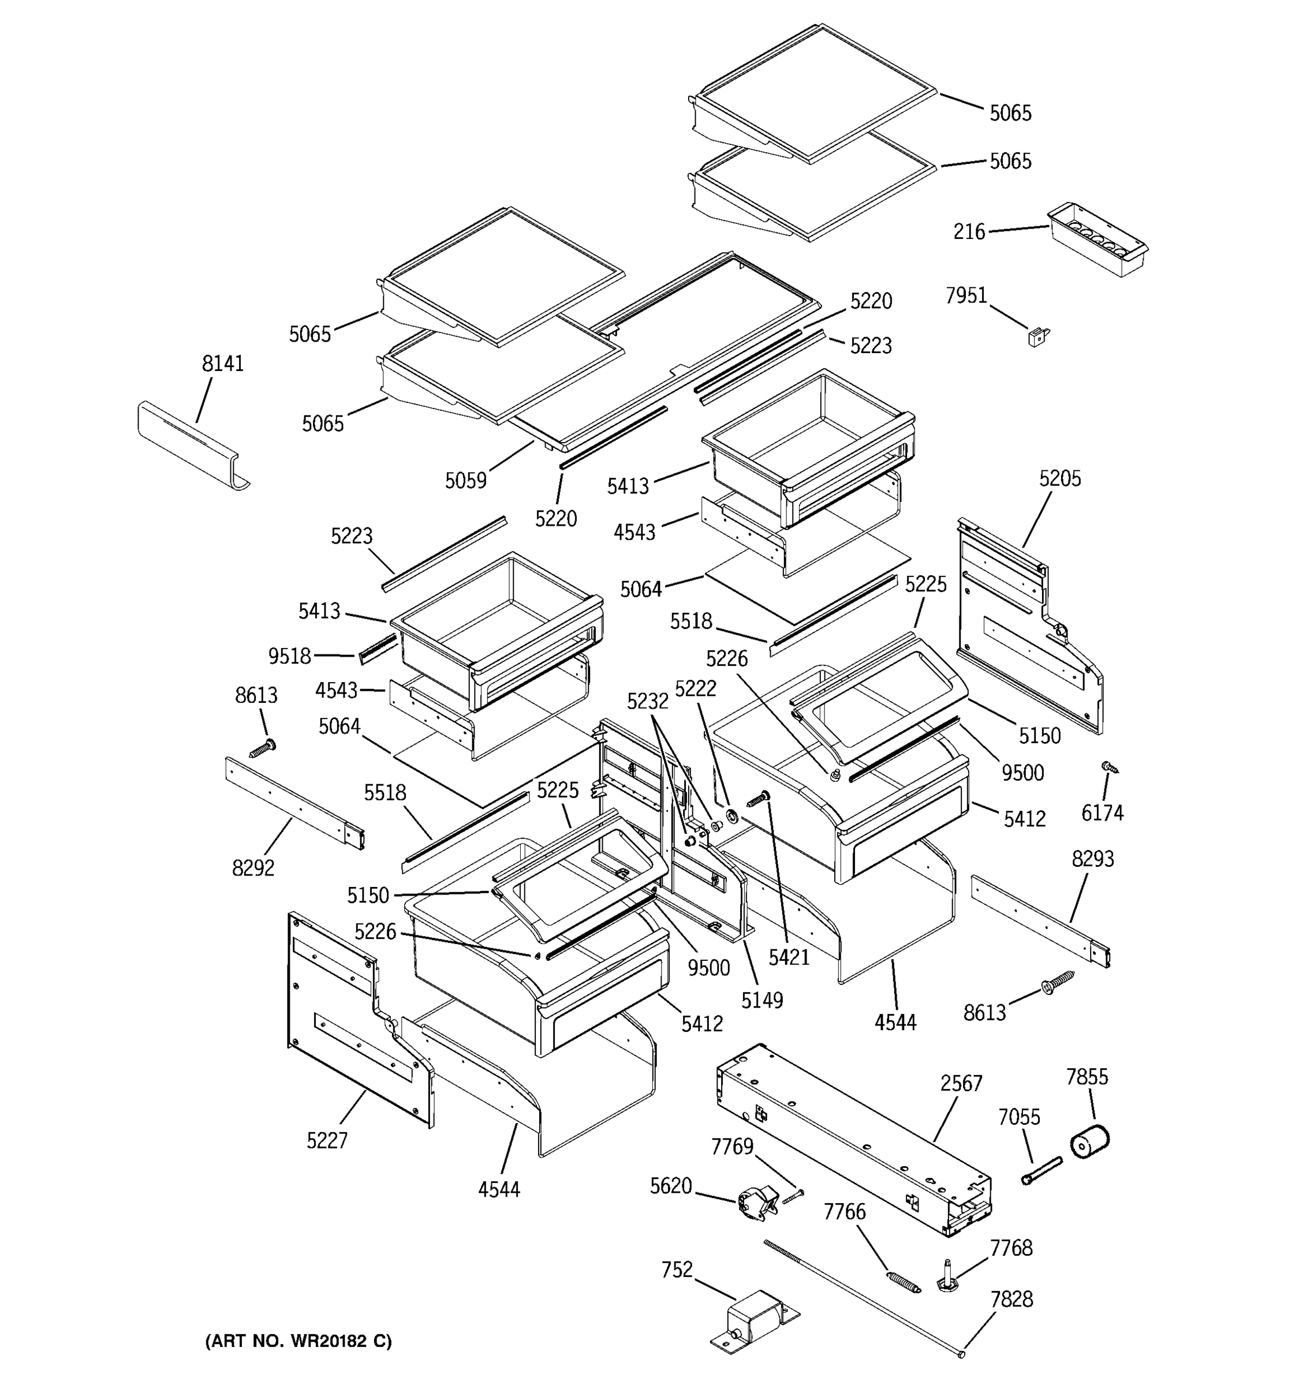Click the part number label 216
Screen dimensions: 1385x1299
pyautogui.click(x=969, y=231)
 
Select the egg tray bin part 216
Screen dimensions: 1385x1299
pyautogui.click(x=1098, y=240)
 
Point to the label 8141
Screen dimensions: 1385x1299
pyautogui.click(x=222, y=364)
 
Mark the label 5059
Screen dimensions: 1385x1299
pyautogui.click(x=465, y=481)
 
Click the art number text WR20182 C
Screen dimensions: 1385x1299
pyautogui.click(x=298, y=1341)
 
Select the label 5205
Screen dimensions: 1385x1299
pyautogui.click(x=1059, y=478)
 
